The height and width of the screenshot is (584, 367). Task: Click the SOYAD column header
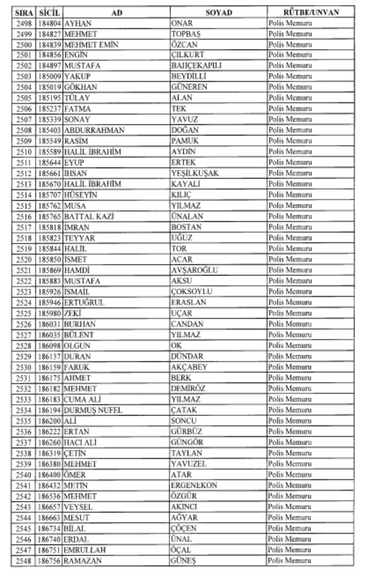coord(218,13)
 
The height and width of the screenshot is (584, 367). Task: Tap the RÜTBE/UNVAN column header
coord(311,13)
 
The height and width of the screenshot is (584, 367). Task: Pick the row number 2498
coord(24,23)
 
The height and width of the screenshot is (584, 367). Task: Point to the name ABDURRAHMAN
coord(94,130)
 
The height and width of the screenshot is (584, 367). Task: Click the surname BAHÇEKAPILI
coord(196,66)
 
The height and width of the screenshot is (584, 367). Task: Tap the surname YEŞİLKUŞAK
coord(195,173)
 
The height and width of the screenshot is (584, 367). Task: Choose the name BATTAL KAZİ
coord(89,216)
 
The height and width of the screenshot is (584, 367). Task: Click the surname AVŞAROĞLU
coord(194,270)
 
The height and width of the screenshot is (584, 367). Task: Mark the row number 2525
coord(24,313)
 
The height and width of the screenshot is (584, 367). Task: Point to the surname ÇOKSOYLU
coord(192,291)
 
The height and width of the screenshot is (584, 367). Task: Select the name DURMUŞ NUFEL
coord(93,410)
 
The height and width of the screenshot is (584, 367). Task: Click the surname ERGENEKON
coord(194,485)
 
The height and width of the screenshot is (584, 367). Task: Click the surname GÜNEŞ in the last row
coord(183,560)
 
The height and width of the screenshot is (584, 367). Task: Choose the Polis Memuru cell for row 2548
coord(290,560)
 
